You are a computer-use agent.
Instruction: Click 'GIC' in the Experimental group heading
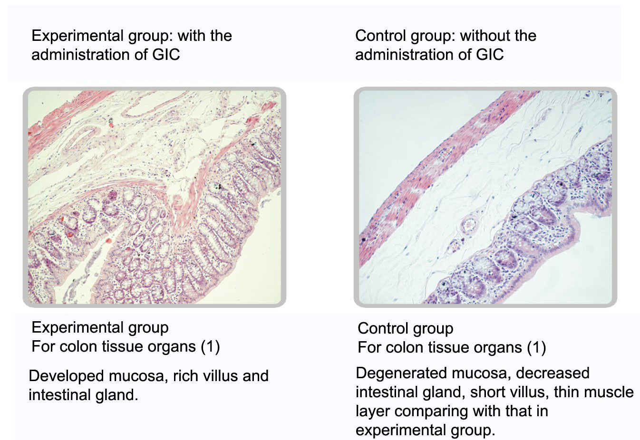click(166, 54)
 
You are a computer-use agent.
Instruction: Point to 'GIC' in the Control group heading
click(489, 54)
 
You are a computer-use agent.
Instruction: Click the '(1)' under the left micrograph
click(210, 347)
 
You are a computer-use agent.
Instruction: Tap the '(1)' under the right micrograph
click(536, 347)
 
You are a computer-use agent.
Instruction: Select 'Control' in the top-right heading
click(380, 36)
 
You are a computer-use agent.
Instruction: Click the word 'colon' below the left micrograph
click(76, 347)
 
